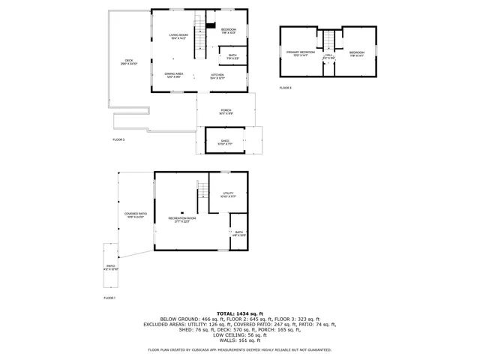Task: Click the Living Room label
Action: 178,36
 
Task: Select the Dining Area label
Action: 175,74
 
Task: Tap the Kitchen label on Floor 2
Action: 217,76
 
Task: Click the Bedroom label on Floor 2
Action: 228,31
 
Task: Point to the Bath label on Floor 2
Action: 232,55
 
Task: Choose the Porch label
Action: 226,112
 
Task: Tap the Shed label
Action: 225,141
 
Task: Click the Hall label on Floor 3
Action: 328,55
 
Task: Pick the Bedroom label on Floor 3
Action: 357,53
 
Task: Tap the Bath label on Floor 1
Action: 238,233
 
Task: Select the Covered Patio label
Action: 136,215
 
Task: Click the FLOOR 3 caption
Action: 285,88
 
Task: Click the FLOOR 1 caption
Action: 110,298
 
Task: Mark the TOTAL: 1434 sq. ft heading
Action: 239,313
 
